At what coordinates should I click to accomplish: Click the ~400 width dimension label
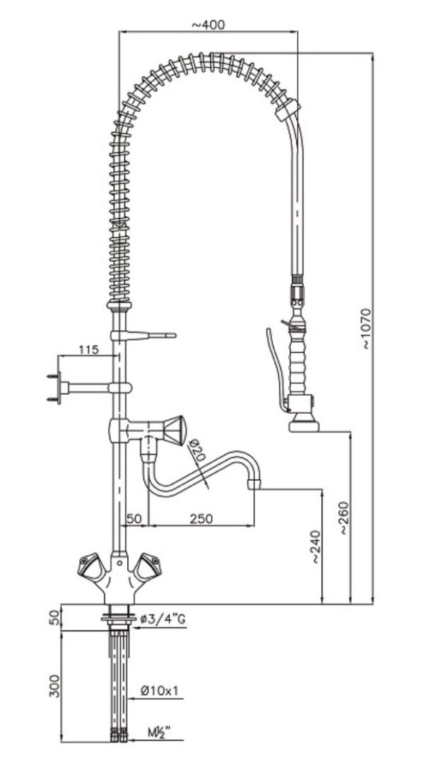pyautogui.click(x=208, y=25)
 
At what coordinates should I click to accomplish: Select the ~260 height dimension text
pyautogui.click(x=342, y=520)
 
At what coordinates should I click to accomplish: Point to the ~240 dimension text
pyautogui.click(x=315, y=547)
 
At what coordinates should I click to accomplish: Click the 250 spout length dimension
pyautogui.click(x=201, y=518)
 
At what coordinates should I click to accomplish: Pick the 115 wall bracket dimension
pyautogui.click(x=88, y=350)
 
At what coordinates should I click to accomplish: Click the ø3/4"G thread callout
pyautogui.click(x=163, y=619)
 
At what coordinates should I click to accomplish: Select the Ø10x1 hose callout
pyautogui.click(x=159, y=689)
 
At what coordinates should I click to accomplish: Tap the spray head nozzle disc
pyautogui.click(x=304, y=424)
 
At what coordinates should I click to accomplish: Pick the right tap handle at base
pyautogui.click(x=149, y=566)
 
